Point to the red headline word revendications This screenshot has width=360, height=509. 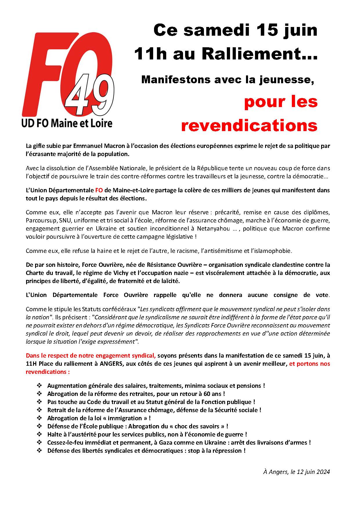(249, 125)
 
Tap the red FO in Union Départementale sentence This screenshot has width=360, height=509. (99, 191)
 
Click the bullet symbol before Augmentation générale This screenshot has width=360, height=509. (39, 386)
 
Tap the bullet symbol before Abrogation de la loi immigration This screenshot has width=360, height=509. (39, 418)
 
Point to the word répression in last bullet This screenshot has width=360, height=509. (228, 451)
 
